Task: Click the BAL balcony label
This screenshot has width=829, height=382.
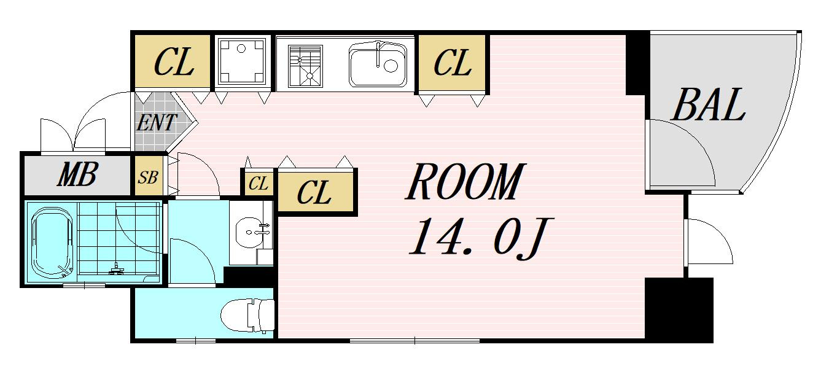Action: coord(708,104)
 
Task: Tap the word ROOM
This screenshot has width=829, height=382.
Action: coord(465,182)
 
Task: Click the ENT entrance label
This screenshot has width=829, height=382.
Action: coord(156,122)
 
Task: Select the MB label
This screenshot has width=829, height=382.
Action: coord(77,174)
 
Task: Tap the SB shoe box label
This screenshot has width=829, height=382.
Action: coord(148,177)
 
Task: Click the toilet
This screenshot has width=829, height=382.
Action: coord(247,316)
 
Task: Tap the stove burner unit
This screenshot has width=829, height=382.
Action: coord(305,66)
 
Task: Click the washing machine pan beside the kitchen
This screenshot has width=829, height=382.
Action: coord(242,61)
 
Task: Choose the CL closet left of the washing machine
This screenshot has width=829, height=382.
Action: coord(173,62)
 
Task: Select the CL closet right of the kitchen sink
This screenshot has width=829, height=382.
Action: coord(452,63)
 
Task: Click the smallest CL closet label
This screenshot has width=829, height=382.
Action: coord(258,183)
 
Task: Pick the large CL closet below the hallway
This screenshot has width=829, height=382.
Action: coord(314,192)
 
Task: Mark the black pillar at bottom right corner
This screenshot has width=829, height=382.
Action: coord(679,310)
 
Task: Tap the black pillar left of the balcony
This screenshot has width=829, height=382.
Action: coord(637,64)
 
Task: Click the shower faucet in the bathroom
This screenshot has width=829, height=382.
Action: coord(117,270)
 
